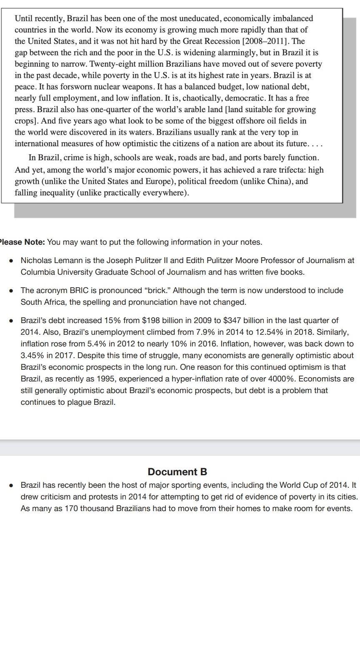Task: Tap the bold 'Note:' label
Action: pos(35,242)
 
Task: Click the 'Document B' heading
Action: pos(177,471)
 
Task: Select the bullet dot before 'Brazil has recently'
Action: pos(12,485)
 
